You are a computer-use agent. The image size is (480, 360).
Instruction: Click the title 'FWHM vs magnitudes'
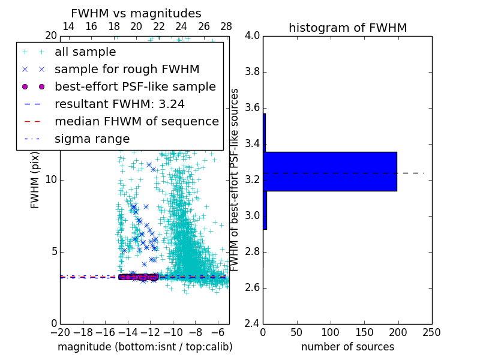pos(136,13)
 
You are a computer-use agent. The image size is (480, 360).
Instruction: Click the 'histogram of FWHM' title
pos(347,28)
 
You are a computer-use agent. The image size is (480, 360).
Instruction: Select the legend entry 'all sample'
pos(85,52)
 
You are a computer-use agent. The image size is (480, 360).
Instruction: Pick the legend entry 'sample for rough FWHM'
pos(127,70)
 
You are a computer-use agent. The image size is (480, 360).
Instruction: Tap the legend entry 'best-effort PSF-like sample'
pos(135,87)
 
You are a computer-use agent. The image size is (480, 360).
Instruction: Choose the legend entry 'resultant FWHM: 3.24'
pos(119,104)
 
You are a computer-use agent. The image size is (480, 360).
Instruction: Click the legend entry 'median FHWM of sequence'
pos(136,122)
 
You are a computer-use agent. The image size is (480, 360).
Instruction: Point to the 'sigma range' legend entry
pos(92,139)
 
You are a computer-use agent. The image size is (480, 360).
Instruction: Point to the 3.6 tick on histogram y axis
pos(252,108)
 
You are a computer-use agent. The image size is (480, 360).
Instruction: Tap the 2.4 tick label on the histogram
pos(252,323)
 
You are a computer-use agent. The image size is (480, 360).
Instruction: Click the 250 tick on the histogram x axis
pos(431,332)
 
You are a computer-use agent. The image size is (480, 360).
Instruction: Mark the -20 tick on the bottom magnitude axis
pos(60,332)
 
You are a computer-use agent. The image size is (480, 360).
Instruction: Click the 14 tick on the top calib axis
pos(68,27)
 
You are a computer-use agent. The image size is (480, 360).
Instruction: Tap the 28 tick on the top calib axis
pos(226,27)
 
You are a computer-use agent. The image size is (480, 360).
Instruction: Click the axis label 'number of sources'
pos(347,347)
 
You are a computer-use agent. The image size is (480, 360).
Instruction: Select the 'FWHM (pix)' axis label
pos(35,179)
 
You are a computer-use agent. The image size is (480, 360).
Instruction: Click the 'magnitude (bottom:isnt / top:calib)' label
pos(145,347)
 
